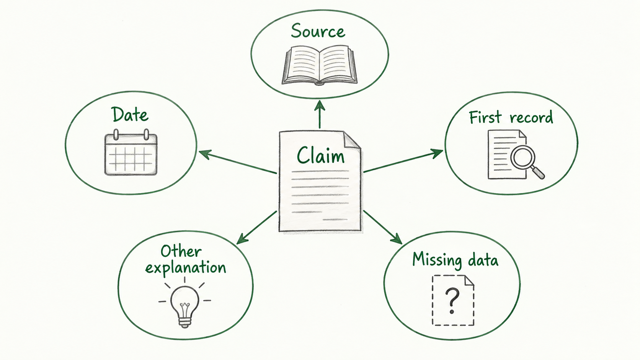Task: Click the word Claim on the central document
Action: [x=320, y=155]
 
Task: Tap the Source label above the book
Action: [x=318, y=31]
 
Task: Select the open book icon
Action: [x=320, y=65]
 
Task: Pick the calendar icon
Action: [x=131, y=152]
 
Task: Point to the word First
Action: [x=485, y=117]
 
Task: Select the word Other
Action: [x=181, y=251]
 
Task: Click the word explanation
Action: [x=186, y=268]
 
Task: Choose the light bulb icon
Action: [x=185, y=303]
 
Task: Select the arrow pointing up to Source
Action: [x=320, y=114]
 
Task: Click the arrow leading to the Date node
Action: [x=238, y=162]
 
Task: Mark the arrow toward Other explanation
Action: [x=256, y=228]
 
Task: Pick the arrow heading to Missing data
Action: [x=383, y=227]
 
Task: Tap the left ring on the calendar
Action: [x=116, y=134]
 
